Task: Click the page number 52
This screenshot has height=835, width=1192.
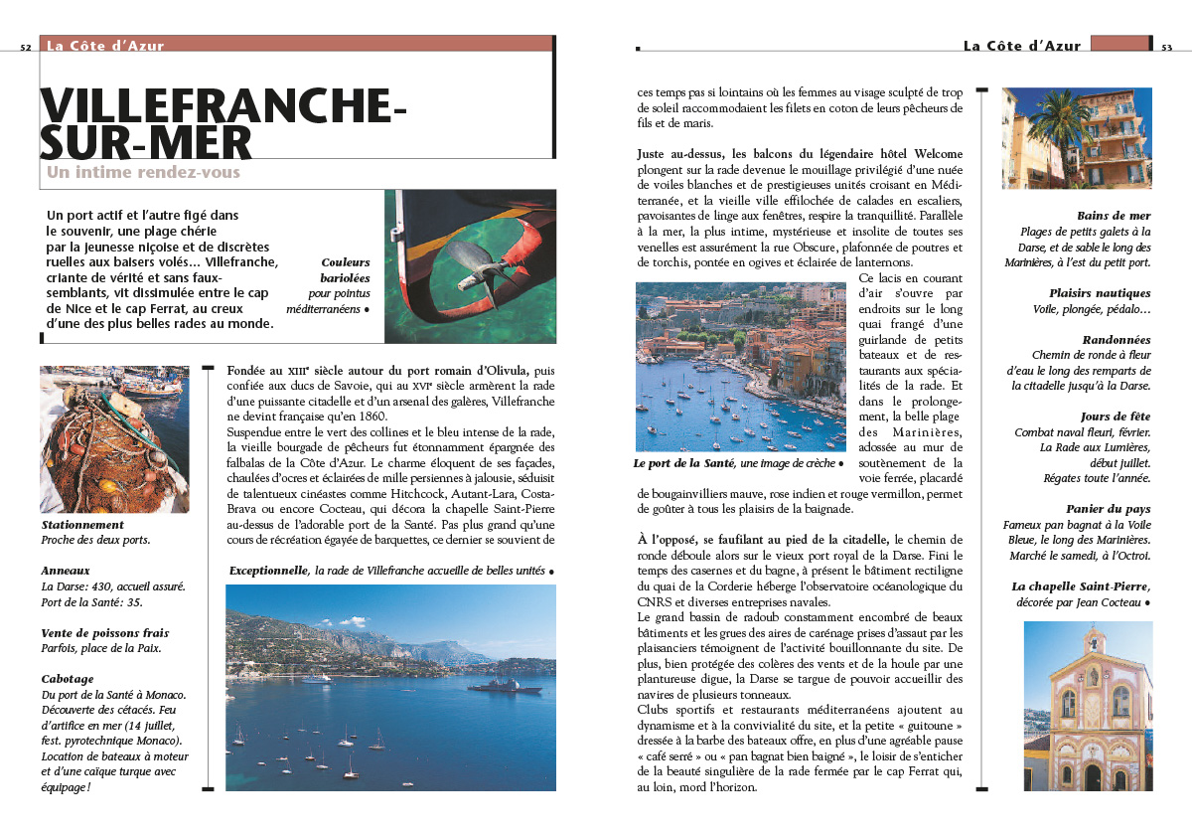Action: click(x=26, y=47)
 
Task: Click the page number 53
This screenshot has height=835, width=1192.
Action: click(x=1167, y=47)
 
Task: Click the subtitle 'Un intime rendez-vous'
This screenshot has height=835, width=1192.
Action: click(x=143, y=172)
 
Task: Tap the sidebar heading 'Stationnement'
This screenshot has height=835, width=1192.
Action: click(x=82, y=524)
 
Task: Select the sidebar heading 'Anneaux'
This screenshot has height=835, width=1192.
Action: click(x=66, y=571)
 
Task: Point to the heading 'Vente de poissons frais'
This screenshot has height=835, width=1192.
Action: click(x=105, y=632)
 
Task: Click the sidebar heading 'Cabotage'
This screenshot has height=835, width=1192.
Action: click(x=68, y=679)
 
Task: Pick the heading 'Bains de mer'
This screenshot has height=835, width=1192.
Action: click(x=1114, y=216)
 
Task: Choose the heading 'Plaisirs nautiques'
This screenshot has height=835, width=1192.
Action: click(x=1100, y=293)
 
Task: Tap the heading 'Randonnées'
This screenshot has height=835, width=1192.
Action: click(x=1117, y=339)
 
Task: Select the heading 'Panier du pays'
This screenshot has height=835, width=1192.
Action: click(x=1109, y=508)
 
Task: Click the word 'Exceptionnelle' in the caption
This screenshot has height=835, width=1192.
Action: click(x=268, y=572)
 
